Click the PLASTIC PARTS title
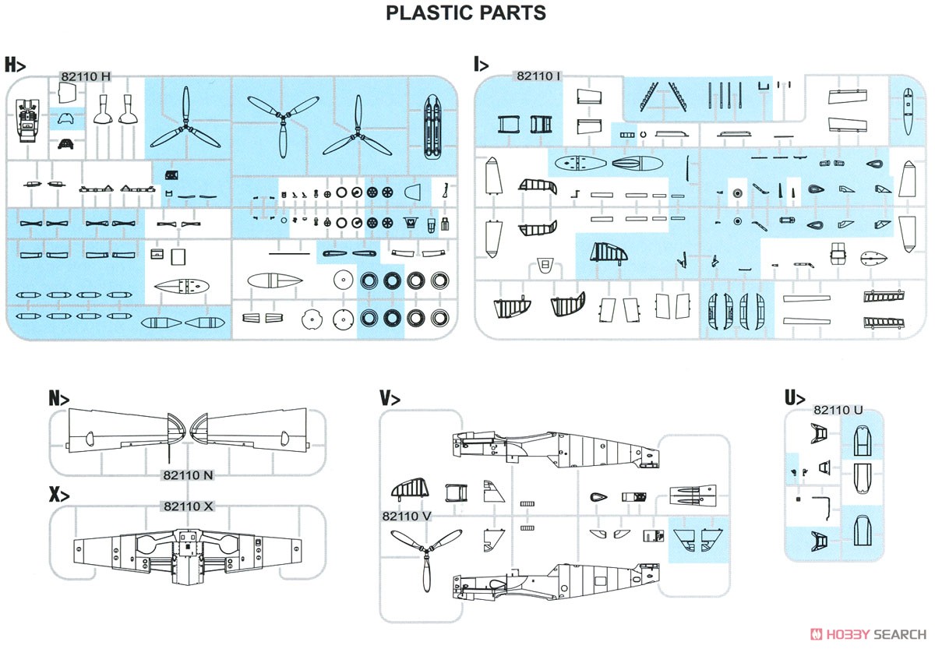pos(466,13)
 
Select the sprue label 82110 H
pos(86,77)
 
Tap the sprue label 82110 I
pos(538,76)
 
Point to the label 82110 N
pos(188,475)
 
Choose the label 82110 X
pos(188,506)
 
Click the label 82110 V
pos(406,517)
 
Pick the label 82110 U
pos(838,410)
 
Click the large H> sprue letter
pos(15,65)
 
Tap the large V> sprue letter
pos(390,398)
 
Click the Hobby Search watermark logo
pos(869,634)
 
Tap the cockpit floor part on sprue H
pos(27,120)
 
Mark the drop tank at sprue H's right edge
pos(432,127)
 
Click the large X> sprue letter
pos(59,495)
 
